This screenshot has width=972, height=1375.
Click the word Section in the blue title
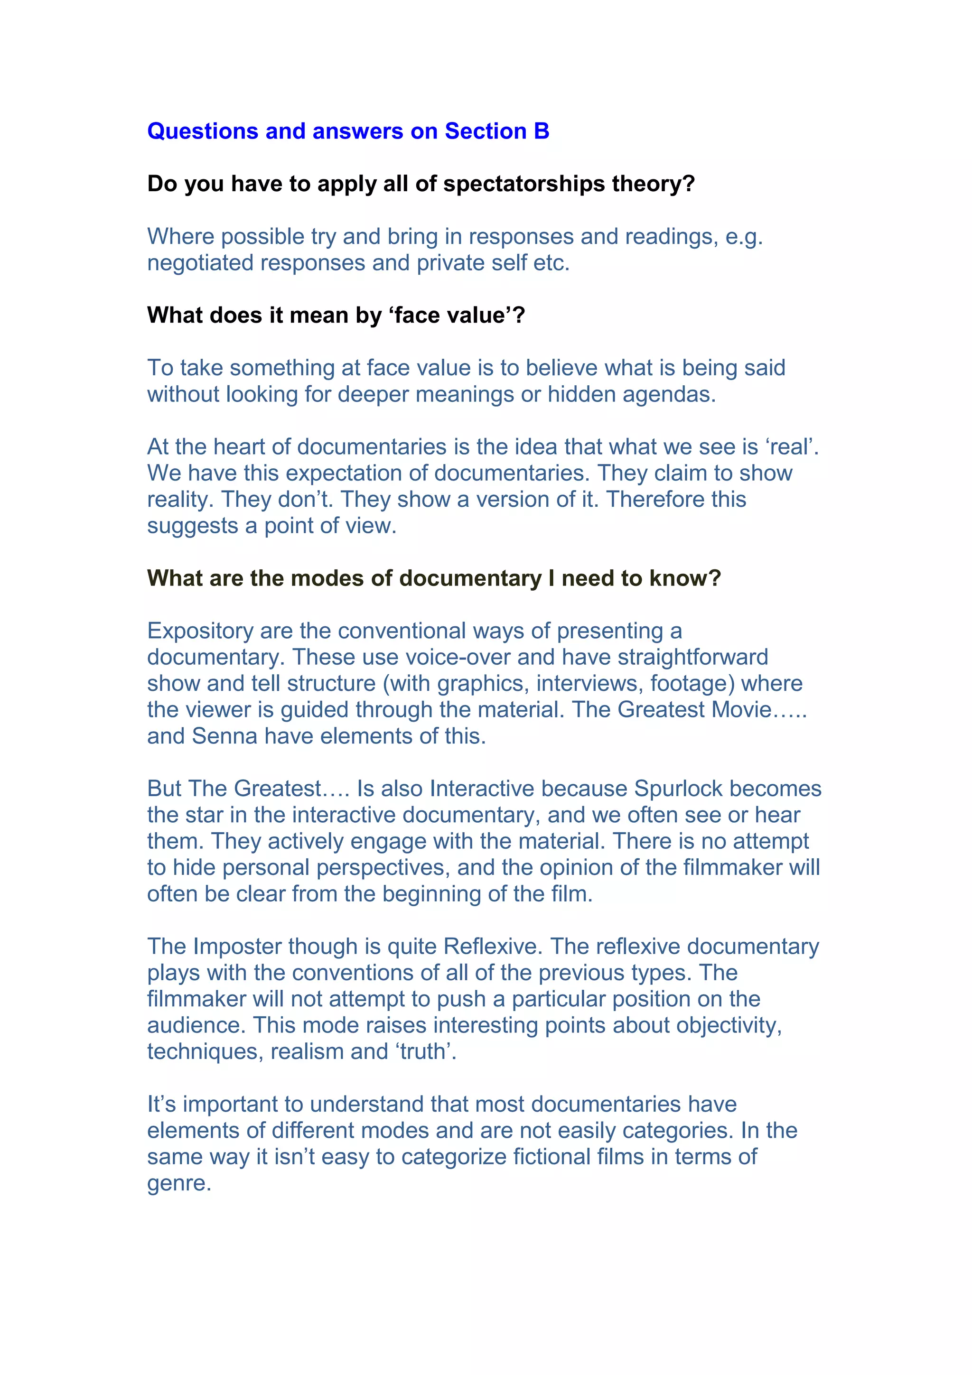pyautogui.click(x=485, y=131)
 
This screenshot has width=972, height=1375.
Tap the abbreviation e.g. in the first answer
pyautogui.click(x=743, y=237)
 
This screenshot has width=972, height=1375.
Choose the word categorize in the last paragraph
pyautogui.click(x=454, y=1157)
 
